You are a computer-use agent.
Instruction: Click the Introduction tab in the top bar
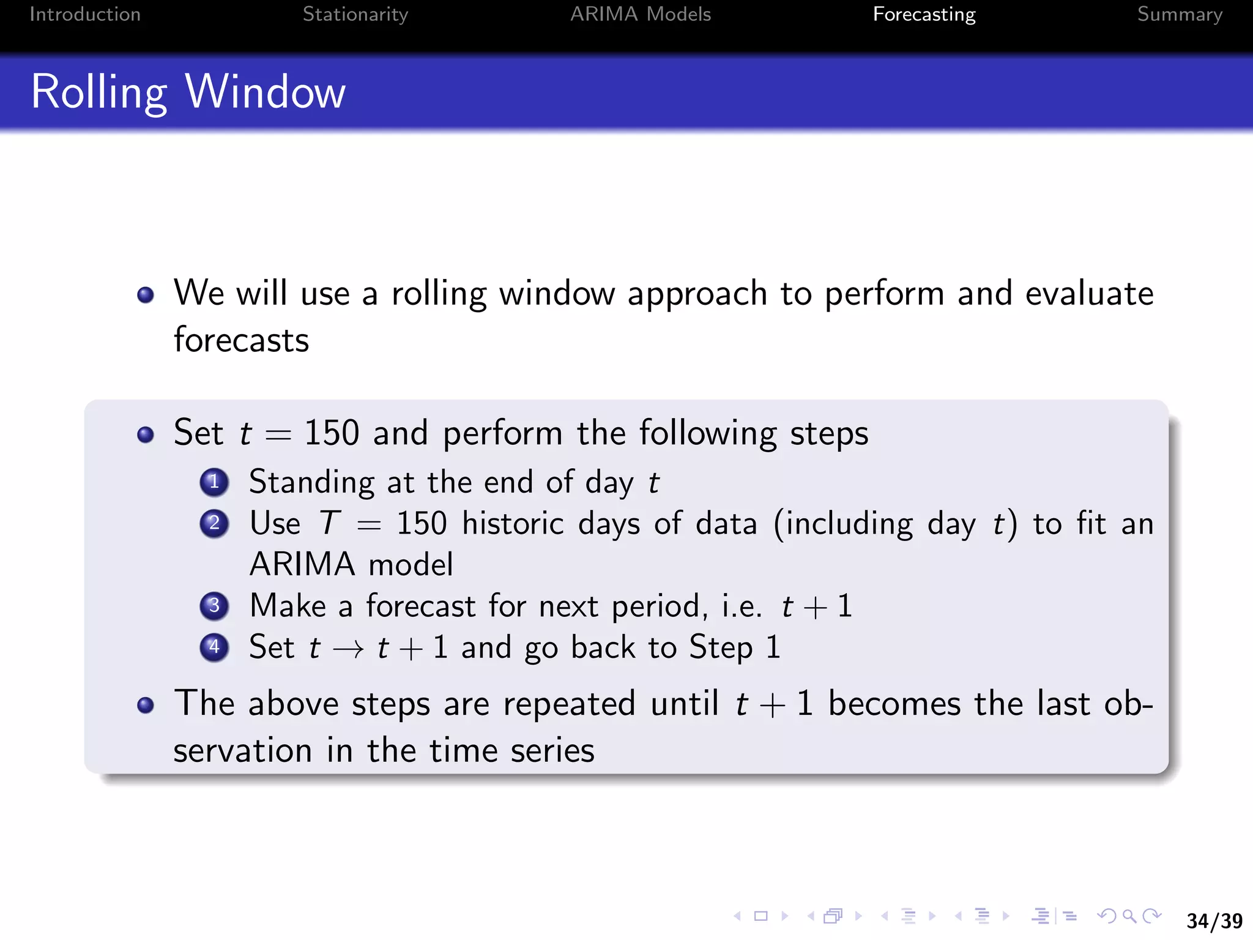click(85, 14)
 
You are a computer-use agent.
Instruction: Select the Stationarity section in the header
click(355, 14)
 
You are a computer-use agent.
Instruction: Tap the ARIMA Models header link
click(641, 14)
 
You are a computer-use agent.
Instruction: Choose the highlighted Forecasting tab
click(924, 14)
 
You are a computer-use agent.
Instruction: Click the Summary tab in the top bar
click(1180, 14)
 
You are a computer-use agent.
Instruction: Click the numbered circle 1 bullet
click(214, 482)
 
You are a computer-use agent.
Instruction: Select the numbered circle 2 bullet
click(214, 523)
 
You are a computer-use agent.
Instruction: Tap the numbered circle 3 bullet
click(214, 606)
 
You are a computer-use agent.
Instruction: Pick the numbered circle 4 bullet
click(214, 647)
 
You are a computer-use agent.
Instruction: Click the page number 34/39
click(1214, 920)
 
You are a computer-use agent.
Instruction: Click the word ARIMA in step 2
click(302, 564)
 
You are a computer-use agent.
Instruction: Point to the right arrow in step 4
click(349, 649)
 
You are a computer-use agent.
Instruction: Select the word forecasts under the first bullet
click(241, 340)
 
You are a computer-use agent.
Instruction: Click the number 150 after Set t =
click(331, 433)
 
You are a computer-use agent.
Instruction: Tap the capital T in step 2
click(329, 523)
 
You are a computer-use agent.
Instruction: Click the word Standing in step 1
click(311, 482)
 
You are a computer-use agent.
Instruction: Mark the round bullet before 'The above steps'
click(146, 705)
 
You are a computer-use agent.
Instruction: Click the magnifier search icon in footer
click(1129, 916)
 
